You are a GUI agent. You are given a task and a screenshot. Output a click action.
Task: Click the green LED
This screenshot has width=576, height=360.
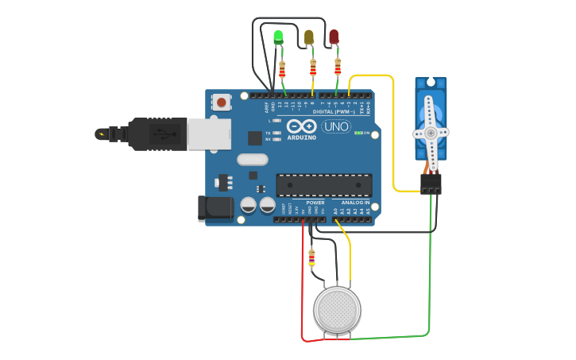(278, 37)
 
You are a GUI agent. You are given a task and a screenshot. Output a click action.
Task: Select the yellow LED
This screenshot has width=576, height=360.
(309, 37)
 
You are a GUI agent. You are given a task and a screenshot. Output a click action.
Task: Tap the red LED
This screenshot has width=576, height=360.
(334, 37)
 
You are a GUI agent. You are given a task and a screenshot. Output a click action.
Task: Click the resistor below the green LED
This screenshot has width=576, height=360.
(282, 70)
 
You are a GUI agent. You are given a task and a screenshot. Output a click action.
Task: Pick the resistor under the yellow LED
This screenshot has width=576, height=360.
(313, 68)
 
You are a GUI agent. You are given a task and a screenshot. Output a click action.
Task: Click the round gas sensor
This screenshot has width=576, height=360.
(337, 309)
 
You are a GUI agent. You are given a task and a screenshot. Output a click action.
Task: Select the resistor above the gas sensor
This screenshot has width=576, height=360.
(311, 257)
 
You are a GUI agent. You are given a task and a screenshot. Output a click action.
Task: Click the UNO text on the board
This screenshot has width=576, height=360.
(336, 126)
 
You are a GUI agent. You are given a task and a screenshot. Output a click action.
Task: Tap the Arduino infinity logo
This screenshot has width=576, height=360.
(302, 126)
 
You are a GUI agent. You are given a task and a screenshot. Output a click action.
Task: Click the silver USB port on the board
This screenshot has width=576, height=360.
(208, 134)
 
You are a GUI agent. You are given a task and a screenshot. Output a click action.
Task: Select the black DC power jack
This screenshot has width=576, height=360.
(215, 209)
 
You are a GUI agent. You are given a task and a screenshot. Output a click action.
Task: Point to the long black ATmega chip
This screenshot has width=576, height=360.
(323, 185)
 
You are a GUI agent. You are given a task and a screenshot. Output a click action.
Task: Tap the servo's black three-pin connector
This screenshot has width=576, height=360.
(431, 184)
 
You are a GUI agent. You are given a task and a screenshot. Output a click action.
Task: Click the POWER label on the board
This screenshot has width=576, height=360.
(315, 203)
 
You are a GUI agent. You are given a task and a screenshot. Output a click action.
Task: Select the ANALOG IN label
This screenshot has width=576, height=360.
(355, 203)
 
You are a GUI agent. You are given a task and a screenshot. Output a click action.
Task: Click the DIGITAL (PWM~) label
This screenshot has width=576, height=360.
(334, 112)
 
